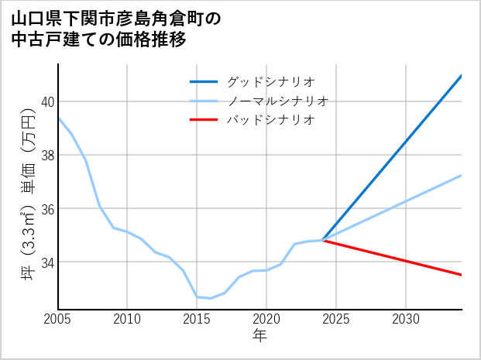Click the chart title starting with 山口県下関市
click(x=116, y=19)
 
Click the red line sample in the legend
click(x=204, y=120)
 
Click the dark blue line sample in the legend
click(x=204, y=81)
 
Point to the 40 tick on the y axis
click(x=47, y=101)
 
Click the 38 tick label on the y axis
click(x=47, y=155)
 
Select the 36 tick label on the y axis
click(x=47, y=209)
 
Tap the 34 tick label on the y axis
click(x=47, y=262)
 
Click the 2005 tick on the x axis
click(x=58, y=319)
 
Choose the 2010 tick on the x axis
click(x=127, y=319)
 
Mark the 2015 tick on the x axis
click(x=197, y=319)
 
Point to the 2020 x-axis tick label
click(x=266, y=319)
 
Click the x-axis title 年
click(x=259, y=336)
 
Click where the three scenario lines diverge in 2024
click(x=322, y=241)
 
